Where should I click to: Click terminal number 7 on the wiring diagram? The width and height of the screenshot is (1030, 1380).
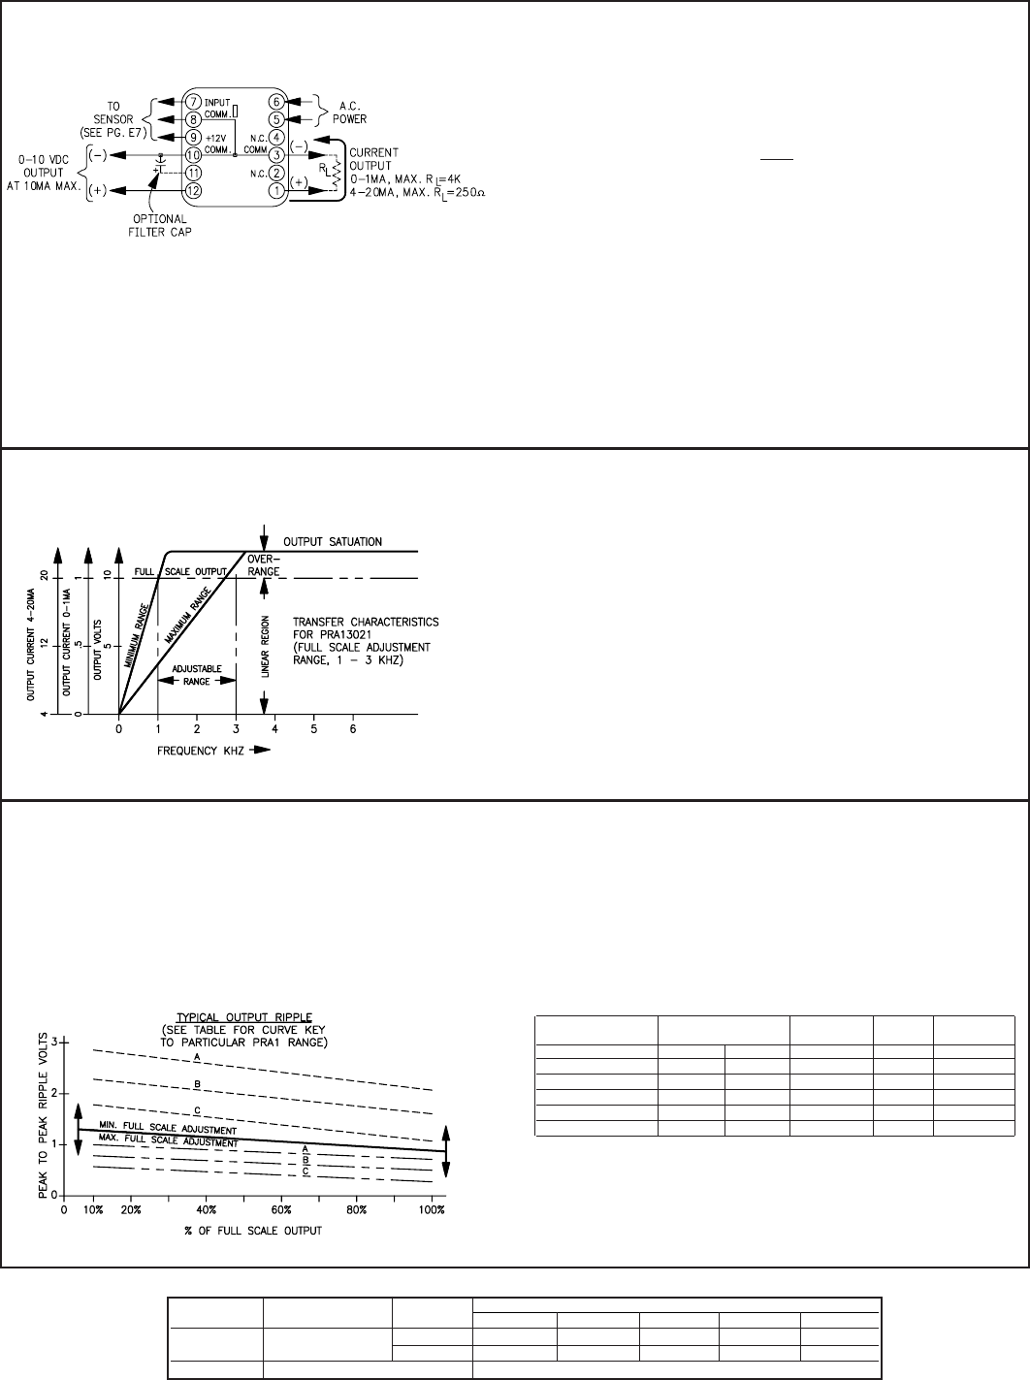pyautogui.click(x=194, y=102)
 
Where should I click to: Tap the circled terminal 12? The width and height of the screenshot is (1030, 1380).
pyautogui.click(x=194, y=190)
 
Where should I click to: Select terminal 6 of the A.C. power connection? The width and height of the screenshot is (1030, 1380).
pyautogui.click(x=276, y=102)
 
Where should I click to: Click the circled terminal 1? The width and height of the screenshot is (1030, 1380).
pyautogui.click(x=276, y=190)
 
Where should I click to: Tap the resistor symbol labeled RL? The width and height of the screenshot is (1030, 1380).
pyautogui.click(x=337, y=174)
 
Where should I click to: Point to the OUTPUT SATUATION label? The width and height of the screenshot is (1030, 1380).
pyautogui.click(x=334, y=541)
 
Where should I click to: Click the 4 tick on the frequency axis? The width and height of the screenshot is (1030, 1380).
pyautogui.click(x=274, y=729)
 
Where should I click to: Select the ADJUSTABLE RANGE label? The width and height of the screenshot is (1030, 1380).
pyautogui.click(x=196, y=676)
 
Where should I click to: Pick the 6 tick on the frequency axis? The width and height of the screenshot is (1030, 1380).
pyautogui.click(x=353, y=729)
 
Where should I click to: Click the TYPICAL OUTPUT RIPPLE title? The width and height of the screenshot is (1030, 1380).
pyautogui.click(x=196, y=1015)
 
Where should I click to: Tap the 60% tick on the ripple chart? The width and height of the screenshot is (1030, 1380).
pyautogui.click(x=282, y=1210)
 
